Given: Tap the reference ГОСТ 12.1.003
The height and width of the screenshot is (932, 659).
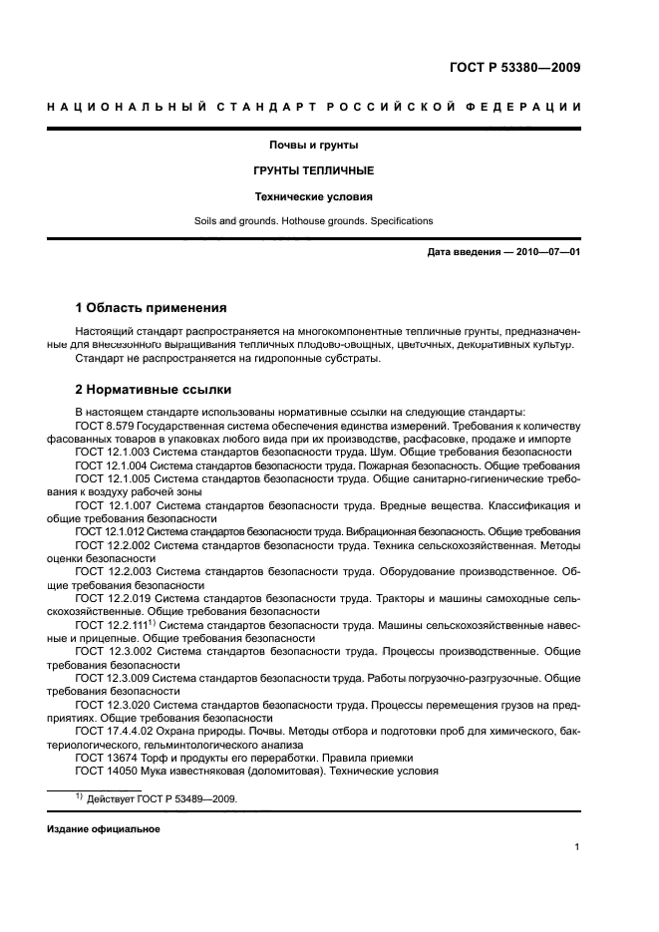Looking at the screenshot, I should coord(113,453).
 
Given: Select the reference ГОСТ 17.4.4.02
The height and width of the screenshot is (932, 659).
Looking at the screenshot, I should coord(115,730).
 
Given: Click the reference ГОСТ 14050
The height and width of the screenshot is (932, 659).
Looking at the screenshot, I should coord(107,771).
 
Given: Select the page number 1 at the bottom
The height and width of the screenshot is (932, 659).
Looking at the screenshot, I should coord(577,847).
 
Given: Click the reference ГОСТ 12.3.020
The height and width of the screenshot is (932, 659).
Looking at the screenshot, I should coord(113,704).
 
